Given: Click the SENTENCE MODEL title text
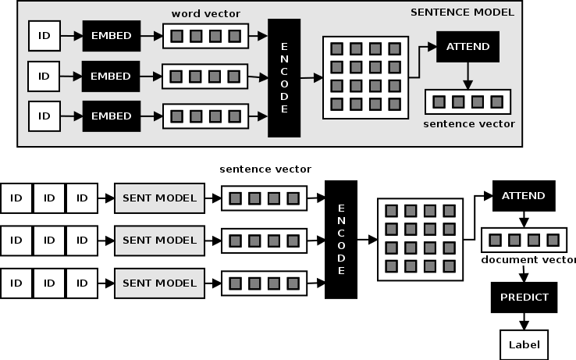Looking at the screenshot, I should [462, 12].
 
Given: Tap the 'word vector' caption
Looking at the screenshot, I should [206, 14].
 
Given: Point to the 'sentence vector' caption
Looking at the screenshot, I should [469, 123].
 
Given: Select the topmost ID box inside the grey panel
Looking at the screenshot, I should [44, 35].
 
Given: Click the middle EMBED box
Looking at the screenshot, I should [111, 77].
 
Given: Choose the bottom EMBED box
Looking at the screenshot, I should [111, 116].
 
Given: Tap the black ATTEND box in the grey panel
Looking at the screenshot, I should [468, 46].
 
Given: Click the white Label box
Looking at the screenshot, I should [524, 344].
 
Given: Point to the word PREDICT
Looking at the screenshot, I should [524, 297].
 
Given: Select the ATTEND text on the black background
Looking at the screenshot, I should [523, 196].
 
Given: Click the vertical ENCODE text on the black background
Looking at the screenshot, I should [341, 239].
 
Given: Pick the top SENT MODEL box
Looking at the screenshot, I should [159, 198].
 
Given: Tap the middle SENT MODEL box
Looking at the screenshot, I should [159, 240].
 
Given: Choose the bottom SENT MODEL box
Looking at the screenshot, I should [159, 282].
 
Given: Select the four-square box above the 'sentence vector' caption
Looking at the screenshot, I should [468, 102].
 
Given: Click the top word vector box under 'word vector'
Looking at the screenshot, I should [205, 36].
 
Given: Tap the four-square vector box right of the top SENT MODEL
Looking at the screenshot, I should [265, 198].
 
